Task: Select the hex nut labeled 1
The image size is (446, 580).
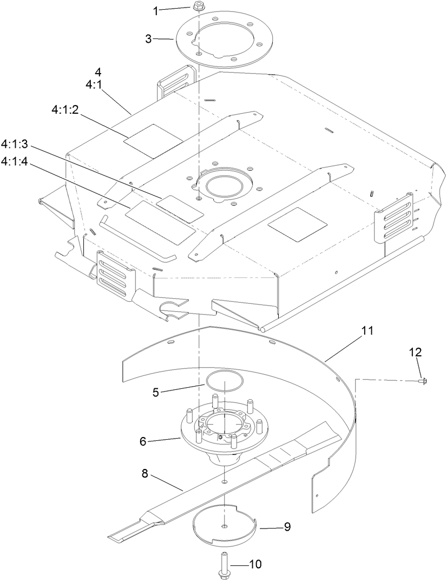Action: click(197, 7)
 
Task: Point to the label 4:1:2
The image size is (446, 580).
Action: click(65, 109)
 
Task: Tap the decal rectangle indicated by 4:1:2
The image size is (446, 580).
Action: click(146, 141)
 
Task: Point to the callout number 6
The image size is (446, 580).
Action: click(143, 441)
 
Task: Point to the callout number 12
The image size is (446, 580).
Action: click(415, 352)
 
